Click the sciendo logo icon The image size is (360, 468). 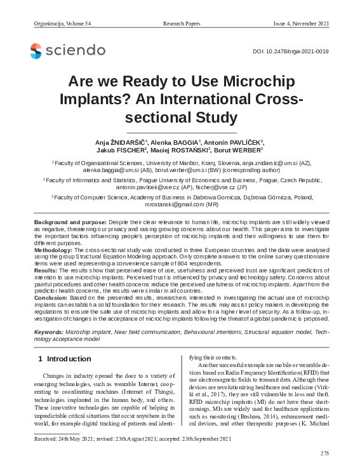pyautogui.click(x=36, y=50)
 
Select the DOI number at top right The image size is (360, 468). pyautogui.click(x=290, y=50)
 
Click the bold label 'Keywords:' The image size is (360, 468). pyautogui.click(x=48, y=331)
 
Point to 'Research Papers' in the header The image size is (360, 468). pyautogui.click(x=182, y=23)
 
